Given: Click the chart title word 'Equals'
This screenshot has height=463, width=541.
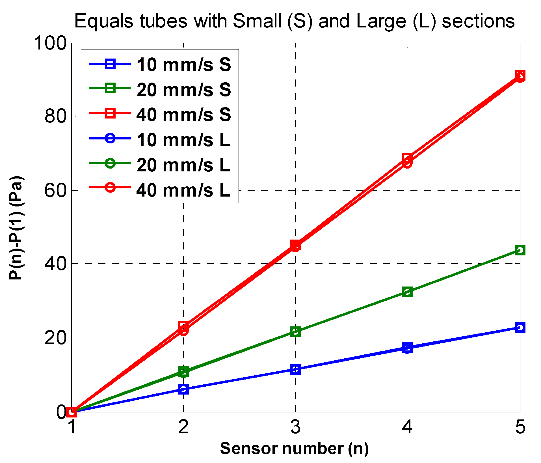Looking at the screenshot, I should [104, 21].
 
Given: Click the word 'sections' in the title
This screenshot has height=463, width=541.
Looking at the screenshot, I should [478, 21].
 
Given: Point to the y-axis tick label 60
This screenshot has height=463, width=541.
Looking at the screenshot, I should [53, 190].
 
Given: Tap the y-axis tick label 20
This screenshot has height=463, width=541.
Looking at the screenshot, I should [53, 338].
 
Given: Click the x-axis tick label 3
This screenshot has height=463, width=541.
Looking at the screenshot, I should [295, 427].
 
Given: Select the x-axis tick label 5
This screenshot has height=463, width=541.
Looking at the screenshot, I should [520, 427].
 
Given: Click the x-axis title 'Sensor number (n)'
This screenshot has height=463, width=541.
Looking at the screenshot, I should [295, 448].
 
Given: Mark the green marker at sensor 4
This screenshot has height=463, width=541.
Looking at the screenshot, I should [407, 292].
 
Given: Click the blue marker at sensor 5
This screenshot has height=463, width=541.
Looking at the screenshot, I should [520, 328].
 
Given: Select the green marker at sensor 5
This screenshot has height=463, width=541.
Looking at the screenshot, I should [520, 250].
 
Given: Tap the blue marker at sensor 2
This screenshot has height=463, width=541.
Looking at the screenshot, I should [183, 389].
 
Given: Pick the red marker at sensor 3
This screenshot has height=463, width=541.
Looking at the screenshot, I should [295, 245].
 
